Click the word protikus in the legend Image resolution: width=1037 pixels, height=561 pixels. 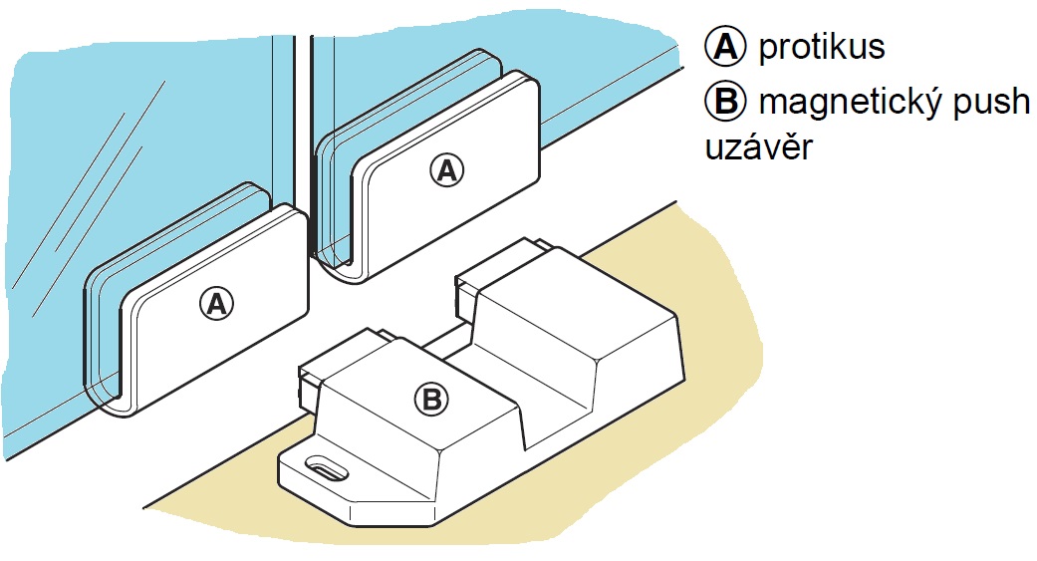[x=822, y=47]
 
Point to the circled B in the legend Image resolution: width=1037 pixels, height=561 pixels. [x=722, y=102]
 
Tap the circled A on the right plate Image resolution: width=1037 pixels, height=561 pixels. [x=447, y=169]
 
